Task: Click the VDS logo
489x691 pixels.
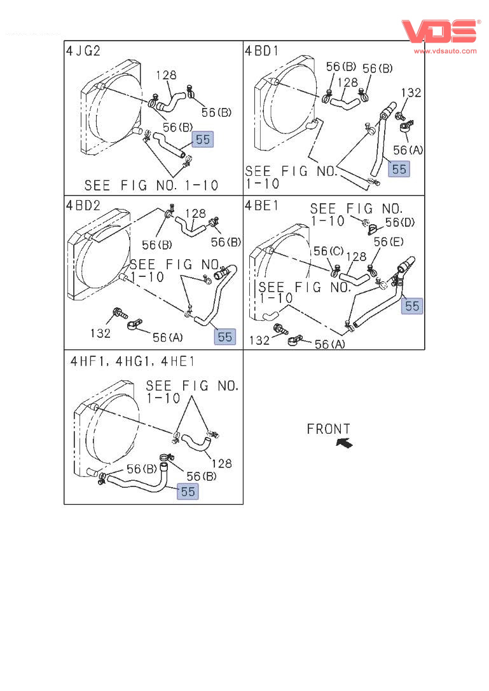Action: tap(439, 31)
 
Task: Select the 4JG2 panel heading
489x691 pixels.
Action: tap(83, 51)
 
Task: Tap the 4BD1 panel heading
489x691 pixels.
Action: tap(262, 51)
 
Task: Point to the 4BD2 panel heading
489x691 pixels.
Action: tap(83, 205)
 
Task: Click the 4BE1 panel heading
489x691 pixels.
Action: tap(261, 205)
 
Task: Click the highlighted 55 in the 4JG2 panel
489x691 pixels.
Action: tap(203, 140)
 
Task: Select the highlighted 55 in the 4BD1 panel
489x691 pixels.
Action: tap(399, 169)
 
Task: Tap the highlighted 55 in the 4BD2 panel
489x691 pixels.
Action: tap(225, 337)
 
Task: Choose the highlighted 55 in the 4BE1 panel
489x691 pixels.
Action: tap(412, 306)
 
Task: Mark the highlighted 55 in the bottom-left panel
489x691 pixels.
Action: tap(188, 491)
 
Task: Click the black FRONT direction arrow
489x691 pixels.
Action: tap(344, 443)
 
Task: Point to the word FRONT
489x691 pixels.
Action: tap(328, 430)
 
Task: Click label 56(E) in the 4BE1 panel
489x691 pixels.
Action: tap(389, 242)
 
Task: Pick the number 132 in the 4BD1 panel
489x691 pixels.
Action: tap(411, 93)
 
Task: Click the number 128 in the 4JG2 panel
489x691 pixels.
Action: tap(166, 76)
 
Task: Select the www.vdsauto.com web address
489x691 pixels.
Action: tap(446, 50)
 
